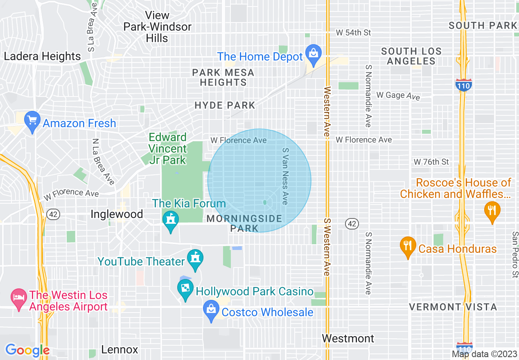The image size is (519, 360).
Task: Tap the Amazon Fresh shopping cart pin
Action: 32,121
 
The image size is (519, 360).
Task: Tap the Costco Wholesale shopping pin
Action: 211,310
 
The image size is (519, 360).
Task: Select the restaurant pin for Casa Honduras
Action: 407,246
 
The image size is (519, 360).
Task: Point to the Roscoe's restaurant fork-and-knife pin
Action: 492,211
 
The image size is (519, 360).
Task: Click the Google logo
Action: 27,350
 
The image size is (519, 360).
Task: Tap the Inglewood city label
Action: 117,214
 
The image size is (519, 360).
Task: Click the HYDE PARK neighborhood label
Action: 225,106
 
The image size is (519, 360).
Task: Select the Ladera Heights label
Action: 43,56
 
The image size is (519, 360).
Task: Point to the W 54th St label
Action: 353,32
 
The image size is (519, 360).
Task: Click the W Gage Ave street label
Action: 398,96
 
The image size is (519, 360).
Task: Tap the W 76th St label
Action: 431,162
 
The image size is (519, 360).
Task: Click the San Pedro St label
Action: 514,255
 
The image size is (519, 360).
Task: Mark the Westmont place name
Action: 348,338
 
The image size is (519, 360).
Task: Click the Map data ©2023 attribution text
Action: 484,354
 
